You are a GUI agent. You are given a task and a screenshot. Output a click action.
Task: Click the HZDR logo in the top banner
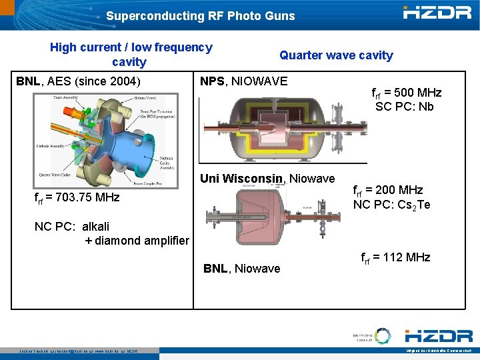(x=437, y=12)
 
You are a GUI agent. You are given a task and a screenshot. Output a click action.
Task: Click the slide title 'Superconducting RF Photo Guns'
(x=200, y=15)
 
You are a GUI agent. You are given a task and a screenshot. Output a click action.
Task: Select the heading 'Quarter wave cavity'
(x=336, y=55)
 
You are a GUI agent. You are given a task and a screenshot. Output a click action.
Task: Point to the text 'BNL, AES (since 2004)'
(x=78, y=81)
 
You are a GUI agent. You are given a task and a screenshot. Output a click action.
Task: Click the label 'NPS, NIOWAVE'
(x=243, y=81)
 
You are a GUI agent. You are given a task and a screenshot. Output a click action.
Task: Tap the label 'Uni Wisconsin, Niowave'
(x=267, y=179)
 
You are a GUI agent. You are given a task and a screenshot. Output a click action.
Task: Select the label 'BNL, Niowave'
(x=241, y=269)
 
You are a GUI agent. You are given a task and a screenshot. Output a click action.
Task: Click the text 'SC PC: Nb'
(x=405, y=107)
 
